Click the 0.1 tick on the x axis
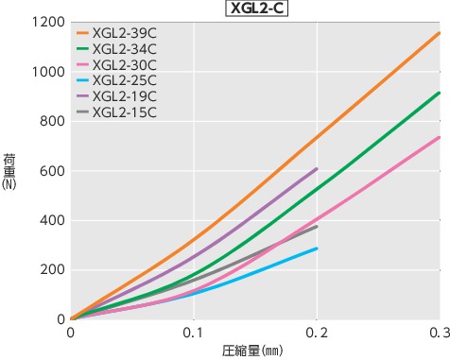[x=194, y=333]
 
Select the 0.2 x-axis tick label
[x=317, y=333]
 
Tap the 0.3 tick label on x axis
[x=439, y=333]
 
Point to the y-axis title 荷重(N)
[x=10, y=171]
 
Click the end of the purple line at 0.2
[x=317, y=169]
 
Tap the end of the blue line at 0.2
[x=317, y=249]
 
